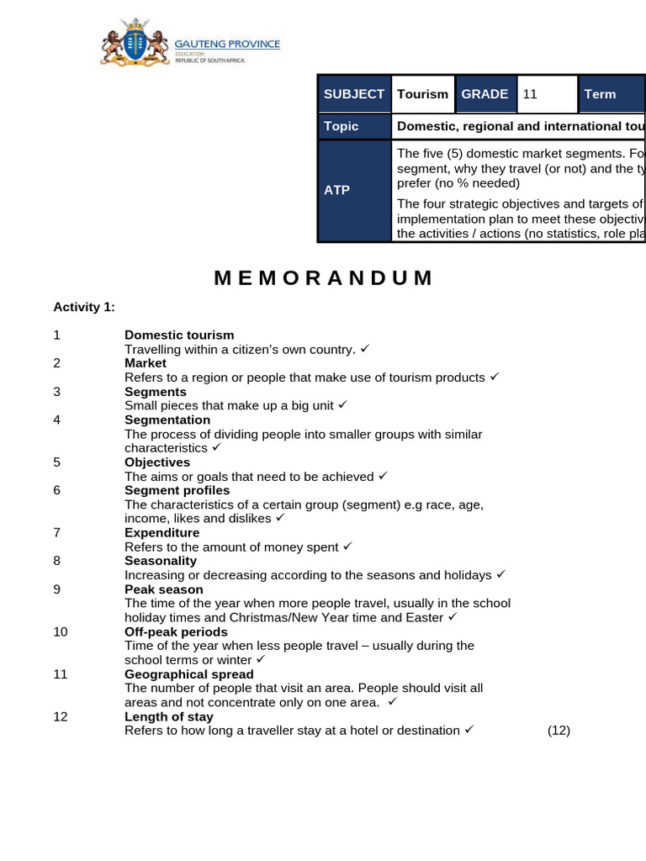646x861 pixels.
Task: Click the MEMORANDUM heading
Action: click(x=324, y=278)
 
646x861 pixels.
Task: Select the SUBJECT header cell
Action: click(x=354, y=94)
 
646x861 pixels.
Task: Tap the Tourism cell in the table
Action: click(x=422, y=94)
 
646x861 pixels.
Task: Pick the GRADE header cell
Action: click(x=484, y=94)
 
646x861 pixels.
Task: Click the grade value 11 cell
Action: click(x=547, y=94)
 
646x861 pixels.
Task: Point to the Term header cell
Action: click(x=611, y=94)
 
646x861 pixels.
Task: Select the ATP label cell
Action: click(x=354, y=191)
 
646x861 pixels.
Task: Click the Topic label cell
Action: click(x=354, y=126)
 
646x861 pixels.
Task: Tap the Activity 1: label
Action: click(x=84, y=307)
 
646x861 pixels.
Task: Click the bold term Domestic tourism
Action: click(x=179, y=335)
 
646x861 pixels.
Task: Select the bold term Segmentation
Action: click(x=167, y=420)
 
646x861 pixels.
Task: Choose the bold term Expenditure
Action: click(x=162, y=532)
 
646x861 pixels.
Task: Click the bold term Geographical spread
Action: click(x=189, y=674)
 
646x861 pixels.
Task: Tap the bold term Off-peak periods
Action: click(x=176, y=631)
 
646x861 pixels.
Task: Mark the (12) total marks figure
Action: click(x=559, y=730)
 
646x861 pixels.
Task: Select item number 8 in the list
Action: click(x=56, y=561)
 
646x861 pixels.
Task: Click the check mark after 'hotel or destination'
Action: click(x=469, y=730)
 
